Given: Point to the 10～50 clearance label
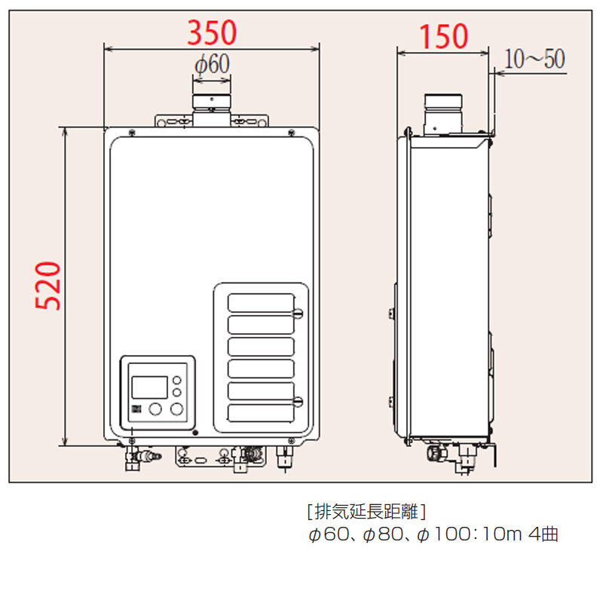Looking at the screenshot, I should coord(534,59).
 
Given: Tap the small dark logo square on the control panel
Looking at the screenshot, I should coord(137,410).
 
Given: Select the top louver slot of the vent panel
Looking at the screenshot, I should coord(261,302).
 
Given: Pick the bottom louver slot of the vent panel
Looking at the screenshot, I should coord(261,413).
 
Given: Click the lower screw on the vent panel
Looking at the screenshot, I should coord(298,401).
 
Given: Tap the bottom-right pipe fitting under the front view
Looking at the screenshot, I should coord(286,457).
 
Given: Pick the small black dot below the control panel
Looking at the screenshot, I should coord(194,433).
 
